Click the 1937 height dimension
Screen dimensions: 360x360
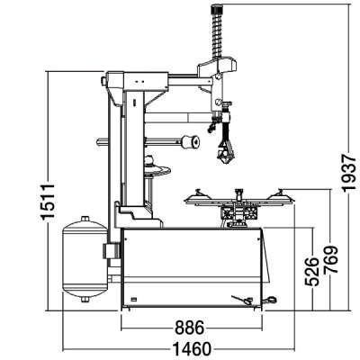[349, 173]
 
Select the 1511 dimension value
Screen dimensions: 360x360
[48, 202]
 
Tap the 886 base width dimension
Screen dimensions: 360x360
[190, 328]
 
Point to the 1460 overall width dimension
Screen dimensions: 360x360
[192, 349]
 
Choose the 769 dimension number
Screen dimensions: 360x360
[330, 259]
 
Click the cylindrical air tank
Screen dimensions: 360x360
[85, 258]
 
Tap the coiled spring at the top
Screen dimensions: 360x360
[217, 35]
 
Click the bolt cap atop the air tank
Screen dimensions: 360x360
[85, 219]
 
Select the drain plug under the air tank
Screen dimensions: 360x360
[85, 300]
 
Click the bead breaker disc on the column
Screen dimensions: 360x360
[157, 168]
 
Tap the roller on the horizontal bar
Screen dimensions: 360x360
[190, 142]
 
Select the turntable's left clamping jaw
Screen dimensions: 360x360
[198, 195]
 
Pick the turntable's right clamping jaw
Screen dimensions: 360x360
[280, 194]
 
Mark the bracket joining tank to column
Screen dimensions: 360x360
[112, 251]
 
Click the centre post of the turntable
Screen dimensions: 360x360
[238, 195]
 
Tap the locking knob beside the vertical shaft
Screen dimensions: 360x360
[227, 103]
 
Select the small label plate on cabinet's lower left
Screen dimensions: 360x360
[134, 299]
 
